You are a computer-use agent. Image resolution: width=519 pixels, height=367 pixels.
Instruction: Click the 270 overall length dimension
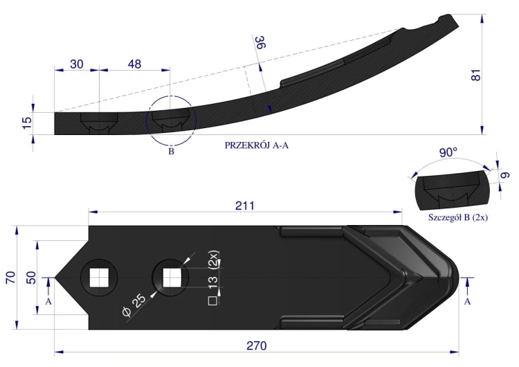(x=257, y=346)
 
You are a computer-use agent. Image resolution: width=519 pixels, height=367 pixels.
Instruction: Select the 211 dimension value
(x=245, y=206)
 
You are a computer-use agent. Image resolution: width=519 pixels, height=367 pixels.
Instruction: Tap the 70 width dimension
(x=11, y=277)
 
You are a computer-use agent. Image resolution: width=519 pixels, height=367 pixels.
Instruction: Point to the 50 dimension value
(x=30, y=277)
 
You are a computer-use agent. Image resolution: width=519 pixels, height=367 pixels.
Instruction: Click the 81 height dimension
(x=475, y=75)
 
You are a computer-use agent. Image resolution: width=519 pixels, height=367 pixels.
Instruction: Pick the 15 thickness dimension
(x=28, y=123)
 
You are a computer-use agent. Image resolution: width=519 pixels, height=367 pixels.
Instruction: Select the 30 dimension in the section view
(x=76, y=64)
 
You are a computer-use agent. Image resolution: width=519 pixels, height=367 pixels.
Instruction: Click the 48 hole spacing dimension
(x=134, y=64)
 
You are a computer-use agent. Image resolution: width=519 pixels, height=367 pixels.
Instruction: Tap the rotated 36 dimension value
(x=260, y=42)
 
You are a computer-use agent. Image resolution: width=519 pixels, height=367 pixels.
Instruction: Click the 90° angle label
(x=448, y=152)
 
